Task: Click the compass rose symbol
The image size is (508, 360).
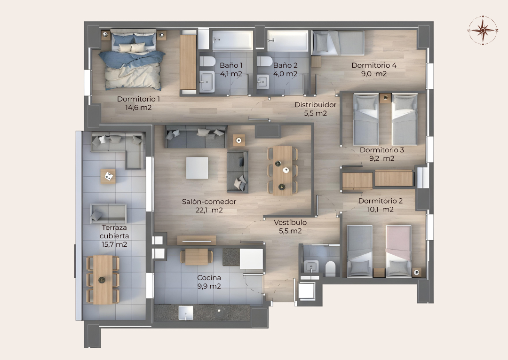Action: (483, 30)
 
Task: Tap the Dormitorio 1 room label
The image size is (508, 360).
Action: (138, 99)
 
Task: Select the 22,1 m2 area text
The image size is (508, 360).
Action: (209, 210)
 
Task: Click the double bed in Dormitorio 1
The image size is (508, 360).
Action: (133, 60)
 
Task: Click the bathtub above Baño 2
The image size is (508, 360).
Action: (287, 40)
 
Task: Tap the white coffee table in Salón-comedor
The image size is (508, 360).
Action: (197, 168)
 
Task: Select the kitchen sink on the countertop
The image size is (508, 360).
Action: (186, 313)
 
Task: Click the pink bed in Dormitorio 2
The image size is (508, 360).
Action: (398, 251)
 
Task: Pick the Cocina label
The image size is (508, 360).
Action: (209, 277)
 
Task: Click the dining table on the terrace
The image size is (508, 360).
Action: (103, 280)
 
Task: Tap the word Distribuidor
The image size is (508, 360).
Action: (315, 105)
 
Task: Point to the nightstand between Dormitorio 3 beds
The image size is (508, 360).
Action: (385, 98)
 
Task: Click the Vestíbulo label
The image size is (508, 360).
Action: (290, 222)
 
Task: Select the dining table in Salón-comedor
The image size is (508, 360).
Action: (283, 171)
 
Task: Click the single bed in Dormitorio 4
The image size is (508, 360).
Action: (338, 43)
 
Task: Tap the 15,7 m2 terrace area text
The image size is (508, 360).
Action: (114, 244)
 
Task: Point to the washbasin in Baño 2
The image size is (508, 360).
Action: (263, 82)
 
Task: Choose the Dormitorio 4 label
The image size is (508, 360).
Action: (374, 65)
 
